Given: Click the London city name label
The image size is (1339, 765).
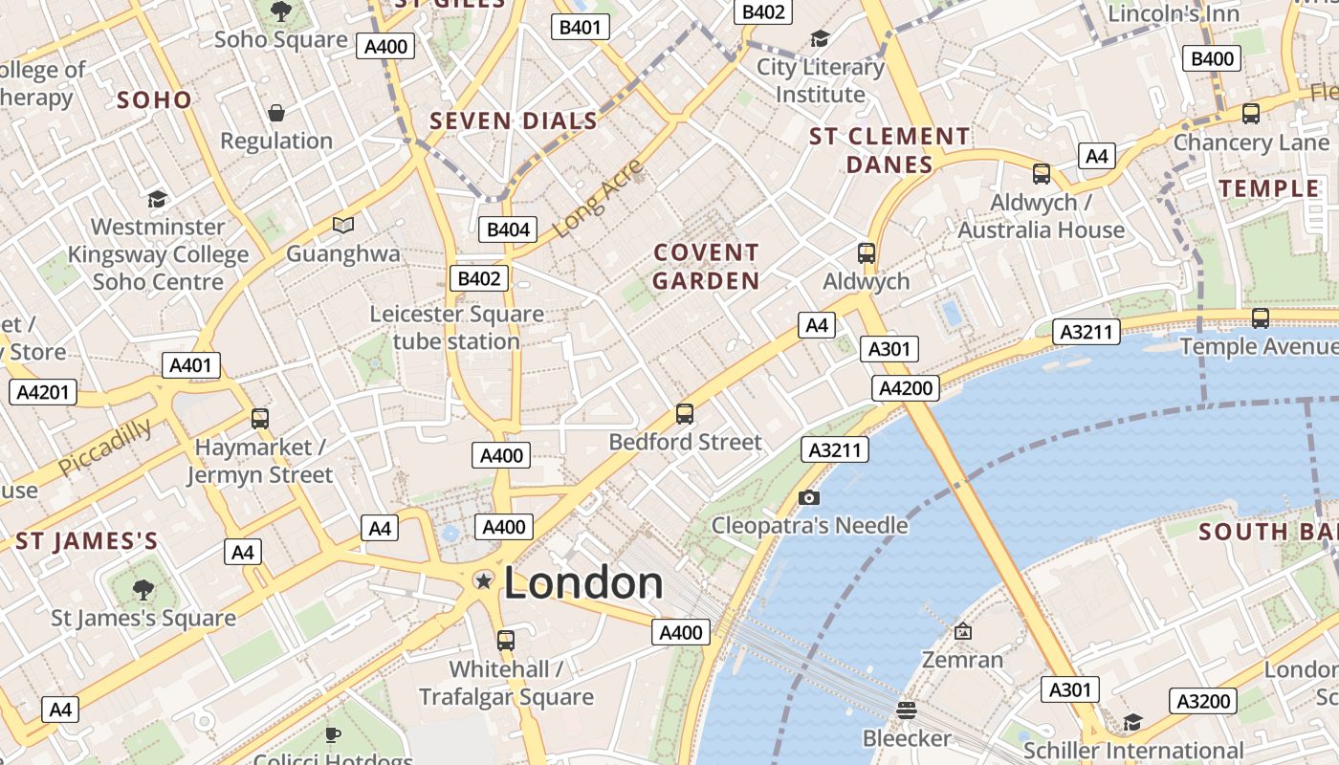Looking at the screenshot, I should [x=583, y=583].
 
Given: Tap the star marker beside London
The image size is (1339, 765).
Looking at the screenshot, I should [x=484, y=580].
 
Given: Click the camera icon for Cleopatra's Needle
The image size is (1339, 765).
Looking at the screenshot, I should [x=809, y=497].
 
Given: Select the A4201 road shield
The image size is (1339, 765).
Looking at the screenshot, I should [x=42, y=392].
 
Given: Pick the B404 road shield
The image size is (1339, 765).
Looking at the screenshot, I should [x=508, y=229].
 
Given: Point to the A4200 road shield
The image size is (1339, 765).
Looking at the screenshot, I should [x=906, y=388].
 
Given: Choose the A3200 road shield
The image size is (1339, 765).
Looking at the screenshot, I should [x=1203, y=702].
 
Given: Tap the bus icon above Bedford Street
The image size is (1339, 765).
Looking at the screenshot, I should [x=685, y=414].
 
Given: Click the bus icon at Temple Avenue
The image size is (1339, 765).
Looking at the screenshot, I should [x=1261, y=318].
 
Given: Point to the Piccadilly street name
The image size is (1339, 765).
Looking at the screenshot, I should [x=104, y=447].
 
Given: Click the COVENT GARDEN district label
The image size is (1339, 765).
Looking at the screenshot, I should [x=706, y=267].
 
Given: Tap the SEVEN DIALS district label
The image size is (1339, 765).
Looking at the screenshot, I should [x=514, y=121].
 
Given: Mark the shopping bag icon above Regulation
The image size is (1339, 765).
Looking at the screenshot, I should [x=276, y=113].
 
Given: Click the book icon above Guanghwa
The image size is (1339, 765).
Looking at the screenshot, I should [x=342, y=225].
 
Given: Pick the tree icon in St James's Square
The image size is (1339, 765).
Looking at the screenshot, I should [x=143, y=588].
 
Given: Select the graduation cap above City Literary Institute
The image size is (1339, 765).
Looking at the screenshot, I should [x=820, y=38].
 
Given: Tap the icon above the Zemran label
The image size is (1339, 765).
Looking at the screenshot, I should [x=962, y=631].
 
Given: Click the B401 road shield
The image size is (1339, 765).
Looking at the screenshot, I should [x=580, y=27].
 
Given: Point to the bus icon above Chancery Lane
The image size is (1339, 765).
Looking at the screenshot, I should [x=1250, y=114].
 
